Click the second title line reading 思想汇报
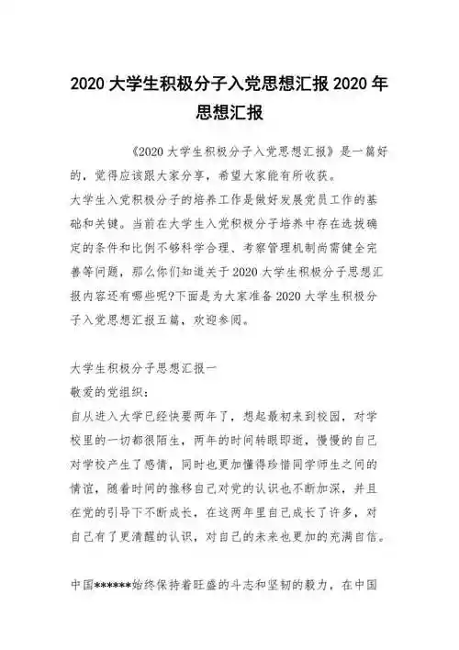[229, 113]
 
